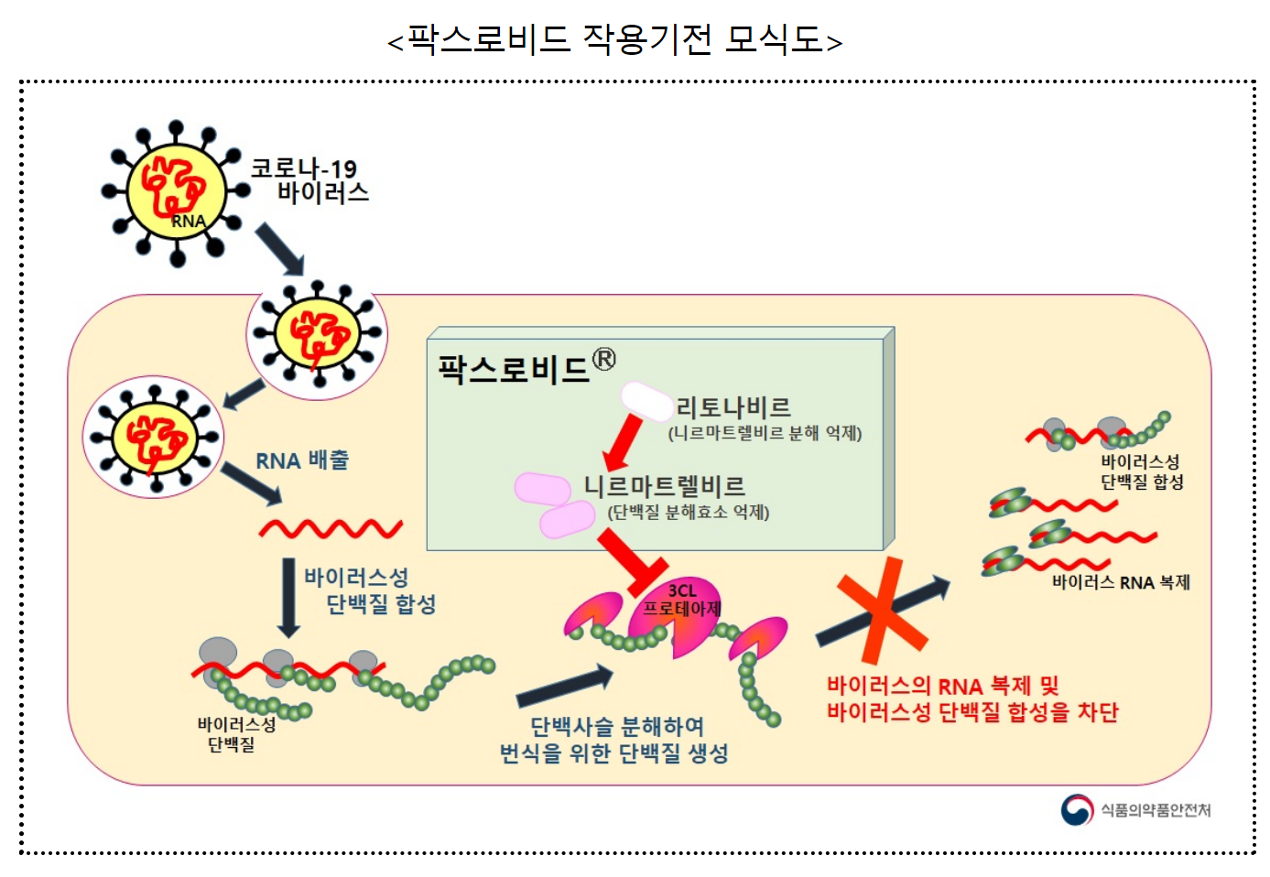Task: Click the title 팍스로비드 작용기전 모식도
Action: point(614,40)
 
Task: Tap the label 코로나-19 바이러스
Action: point(309,180)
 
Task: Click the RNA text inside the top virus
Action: point(188,221)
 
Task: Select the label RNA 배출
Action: point(302,460)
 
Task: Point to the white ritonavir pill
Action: point(647,401)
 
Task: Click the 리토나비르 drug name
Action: point(733,407)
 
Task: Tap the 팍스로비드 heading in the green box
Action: point(514,369)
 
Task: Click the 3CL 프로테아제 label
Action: point(682,600)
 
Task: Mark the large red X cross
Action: point(878,609)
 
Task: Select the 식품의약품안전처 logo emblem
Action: point(1077,809)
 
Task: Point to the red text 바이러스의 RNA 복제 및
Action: point(942,686)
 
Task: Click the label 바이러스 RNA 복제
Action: point(1121,582)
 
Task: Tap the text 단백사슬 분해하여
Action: point(617,726)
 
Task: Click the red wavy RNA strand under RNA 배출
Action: point(331,528)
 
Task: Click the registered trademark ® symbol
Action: point(604,359)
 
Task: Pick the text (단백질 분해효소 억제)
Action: point(689,513)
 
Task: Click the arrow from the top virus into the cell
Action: point(278,248)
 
